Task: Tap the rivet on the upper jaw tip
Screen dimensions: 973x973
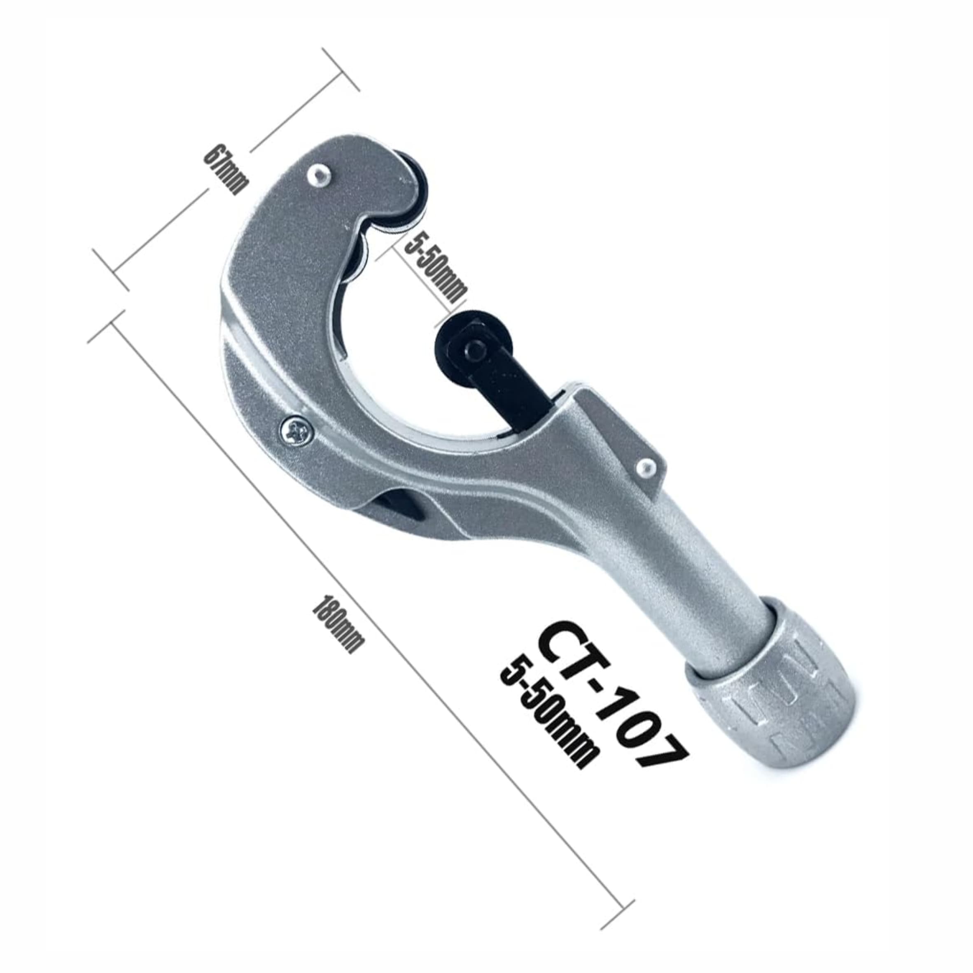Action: click(319, 174)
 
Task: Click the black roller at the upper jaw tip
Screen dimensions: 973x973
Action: click(409, 197)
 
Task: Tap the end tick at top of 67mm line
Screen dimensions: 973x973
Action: click(341, 69)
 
